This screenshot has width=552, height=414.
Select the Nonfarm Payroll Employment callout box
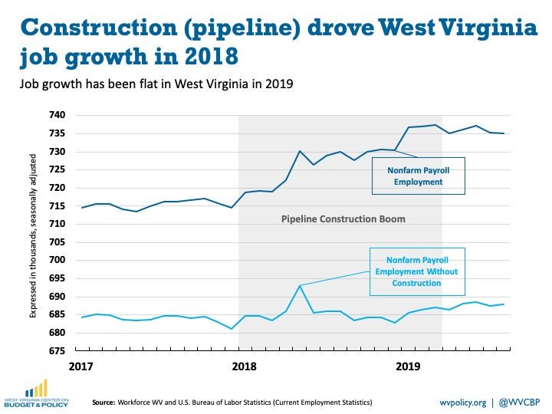click(418, 176)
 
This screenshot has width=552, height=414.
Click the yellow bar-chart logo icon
click(35, 388)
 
